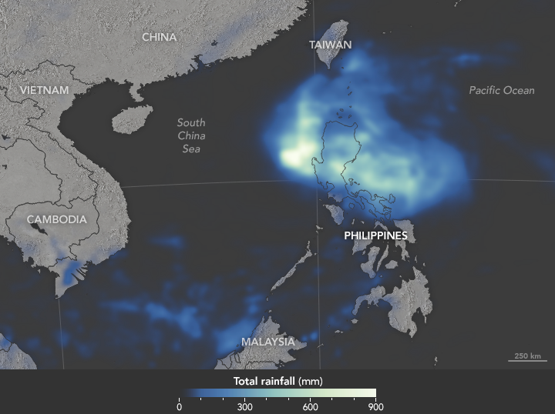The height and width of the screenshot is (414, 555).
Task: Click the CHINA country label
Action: pos(159,37)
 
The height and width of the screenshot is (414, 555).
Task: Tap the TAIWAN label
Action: pos(330,45)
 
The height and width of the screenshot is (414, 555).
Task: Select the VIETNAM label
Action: pos(44,90)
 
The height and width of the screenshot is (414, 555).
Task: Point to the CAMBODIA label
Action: pos(56,219)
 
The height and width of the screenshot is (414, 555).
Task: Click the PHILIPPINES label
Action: pos(375,235)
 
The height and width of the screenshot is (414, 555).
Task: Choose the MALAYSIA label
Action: pos(267,341)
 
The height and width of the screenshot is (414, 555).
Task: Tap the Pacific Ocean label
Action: pos(501,90)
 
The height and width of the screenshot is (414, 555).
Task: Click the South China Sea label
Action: pos(190,135)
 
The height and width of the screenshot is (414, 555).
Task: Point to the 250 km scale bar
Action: pos(527,359)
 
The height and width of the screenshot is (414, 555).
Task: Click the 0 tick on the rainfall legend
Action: pos(180,406)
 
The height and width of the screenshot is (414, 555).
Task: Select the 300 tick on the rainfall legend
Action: pos(245,406)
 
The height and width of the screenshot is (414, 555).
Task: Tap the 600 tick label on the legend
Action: pos(311,406)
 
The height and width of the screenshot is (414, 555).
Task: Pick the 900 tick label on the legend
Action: pos(375,406)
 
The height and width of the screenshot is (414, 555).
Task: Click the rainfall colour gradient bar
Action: pos(277,392)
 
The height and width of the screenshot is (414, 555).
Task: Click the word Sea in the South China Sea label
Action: pos(190,149)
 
